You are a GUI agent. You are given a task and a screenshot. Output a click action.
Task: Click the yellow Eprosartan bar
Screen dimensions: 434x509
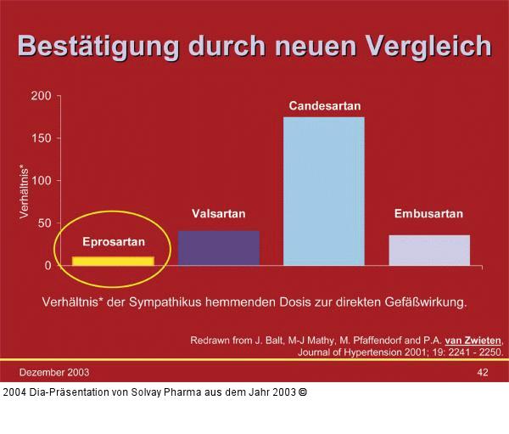[113, 261]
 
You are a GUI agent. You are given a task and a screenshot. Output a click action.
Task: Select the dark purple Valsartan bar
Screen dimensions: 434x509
[219, 247]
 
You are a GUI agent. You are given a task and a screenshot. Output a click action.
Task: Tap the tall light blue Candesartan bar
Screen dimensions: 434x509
[324, 191]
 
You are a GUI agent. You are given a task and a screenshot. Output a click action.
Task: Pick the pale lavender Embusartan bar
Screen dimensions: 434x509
[429, 250]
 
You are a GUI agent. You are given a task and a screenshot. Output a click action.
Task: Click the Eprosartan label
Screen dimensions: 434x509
[113, 241]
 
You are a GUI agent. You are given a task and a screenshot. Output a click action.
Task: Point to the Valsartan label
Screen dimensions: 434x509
[218, 214]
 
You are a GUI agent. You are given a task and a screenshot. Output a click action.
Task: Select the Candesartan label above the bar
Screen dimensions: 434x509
[325, 106]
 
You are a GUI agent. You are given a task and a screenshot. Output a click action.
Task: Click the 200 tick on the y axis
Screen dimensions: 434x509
[41, 95]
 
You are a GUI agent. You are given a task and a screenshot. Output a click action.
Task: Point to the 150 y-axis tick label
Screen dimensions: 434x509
[41, 138]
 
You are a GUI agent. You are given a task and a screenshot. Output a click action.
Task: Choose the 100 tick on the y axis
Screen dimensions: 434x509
[41, 180]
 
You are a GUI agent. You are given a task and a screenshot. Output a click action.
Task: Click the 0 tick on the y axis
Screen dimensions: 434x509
[48, 265]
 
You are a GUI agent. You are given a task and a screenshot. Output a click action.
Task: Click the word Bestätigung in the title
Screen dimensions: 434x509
[97, 46]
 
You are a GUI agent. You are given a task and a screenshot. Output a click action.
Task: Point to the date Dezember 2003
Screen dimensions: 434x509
[54, 372]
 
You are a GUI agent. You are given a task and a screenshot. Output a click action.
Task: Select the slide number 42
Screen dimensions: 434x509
[482, 372]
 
